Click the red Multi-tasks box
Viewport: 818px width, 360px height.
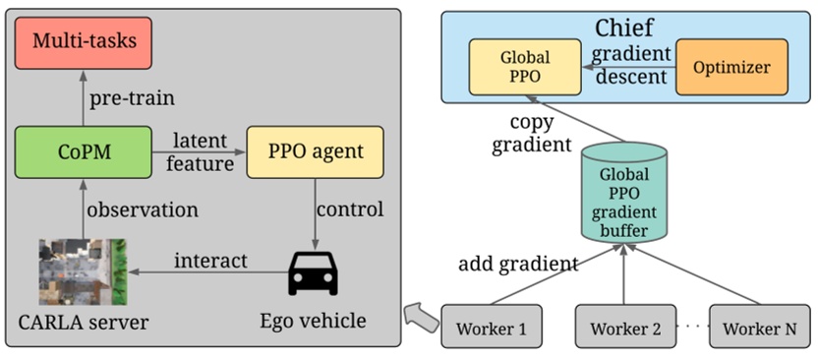click(x=85, y=42)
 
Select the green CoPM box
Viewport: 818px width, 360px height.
click(x=85, y=151)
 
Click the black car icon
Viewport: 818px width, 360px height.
click(x=313, y=272)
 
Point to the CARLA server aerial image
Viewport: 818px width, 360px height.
click(x=85, y=270)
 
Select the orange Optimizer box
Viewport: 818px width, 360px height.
click(x=731, y=67)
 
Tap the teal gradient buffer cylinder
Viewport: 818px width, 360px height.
click(x=623, y=194)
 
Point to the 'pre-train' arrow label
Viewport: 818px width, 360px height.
click(x=132, y=98)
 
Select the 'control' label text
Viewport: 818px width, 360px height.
click(x=350, y=209)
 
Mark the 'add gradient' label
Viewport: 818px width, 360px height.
click(x=518, y=264)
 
